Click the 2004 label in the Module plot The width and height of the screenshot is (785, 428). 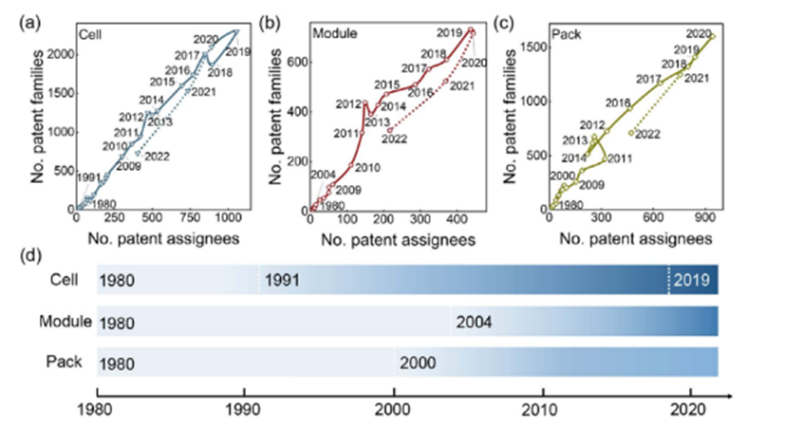(x=322, y=174)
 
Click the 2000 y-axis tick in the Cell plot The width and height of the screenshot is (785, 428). (x=59, y=54)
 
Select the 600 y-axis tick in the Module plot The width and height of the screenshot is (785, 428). (x=297, y=62)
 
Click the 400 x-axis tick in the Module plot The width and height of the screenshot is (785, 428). (x=414, y=223)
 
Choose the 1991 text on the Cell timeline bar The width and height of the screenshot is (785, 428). (x=284, y=282)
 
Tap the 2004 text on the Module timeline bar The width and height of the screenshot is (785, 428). (x=473, y=323)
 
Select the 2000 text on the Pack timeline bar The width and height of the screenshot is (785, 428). (x=418, y=363)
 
